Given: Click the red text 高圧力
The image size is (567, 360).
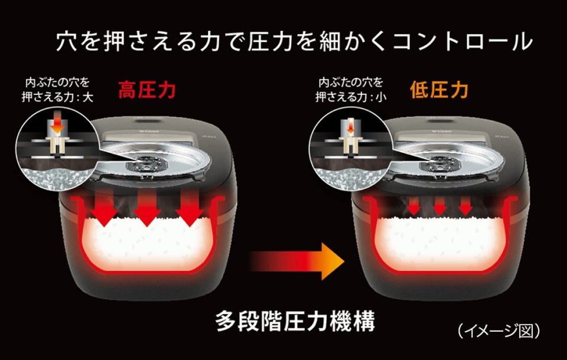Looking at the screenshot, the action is click(147, 90).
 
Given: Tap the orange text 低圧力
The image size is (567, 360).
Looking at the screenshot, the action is click(439, 90).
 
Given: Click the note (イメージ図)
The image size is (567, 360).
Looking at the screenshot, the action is click(498, 330).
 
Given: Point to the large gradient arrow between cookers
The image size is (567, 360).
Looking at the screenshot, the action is click(296, 261).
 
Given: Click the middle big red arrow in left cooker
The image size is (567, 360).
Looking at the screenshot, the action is click(147, 208).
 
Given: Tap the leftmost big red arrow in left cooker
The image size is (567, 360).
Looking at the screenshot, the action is click(104, 208).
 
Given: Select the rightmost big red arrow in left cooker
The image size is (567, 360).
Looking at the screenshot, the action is click(190, 208).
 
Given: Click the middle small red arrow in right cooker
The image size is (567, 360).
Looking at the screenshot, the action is click(439, 206).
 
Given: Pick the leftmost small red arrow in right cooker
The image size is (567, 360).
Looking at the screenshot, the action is click(414, 206).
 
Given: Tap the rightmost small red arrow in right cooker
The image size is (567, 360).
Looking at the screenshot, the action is click(465, 206).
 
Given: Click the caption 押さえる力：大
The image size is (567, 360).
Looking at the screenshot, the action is click(57, 97).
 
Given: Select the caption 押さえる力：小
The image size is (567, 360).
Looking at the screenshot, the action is click(350, 97).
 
